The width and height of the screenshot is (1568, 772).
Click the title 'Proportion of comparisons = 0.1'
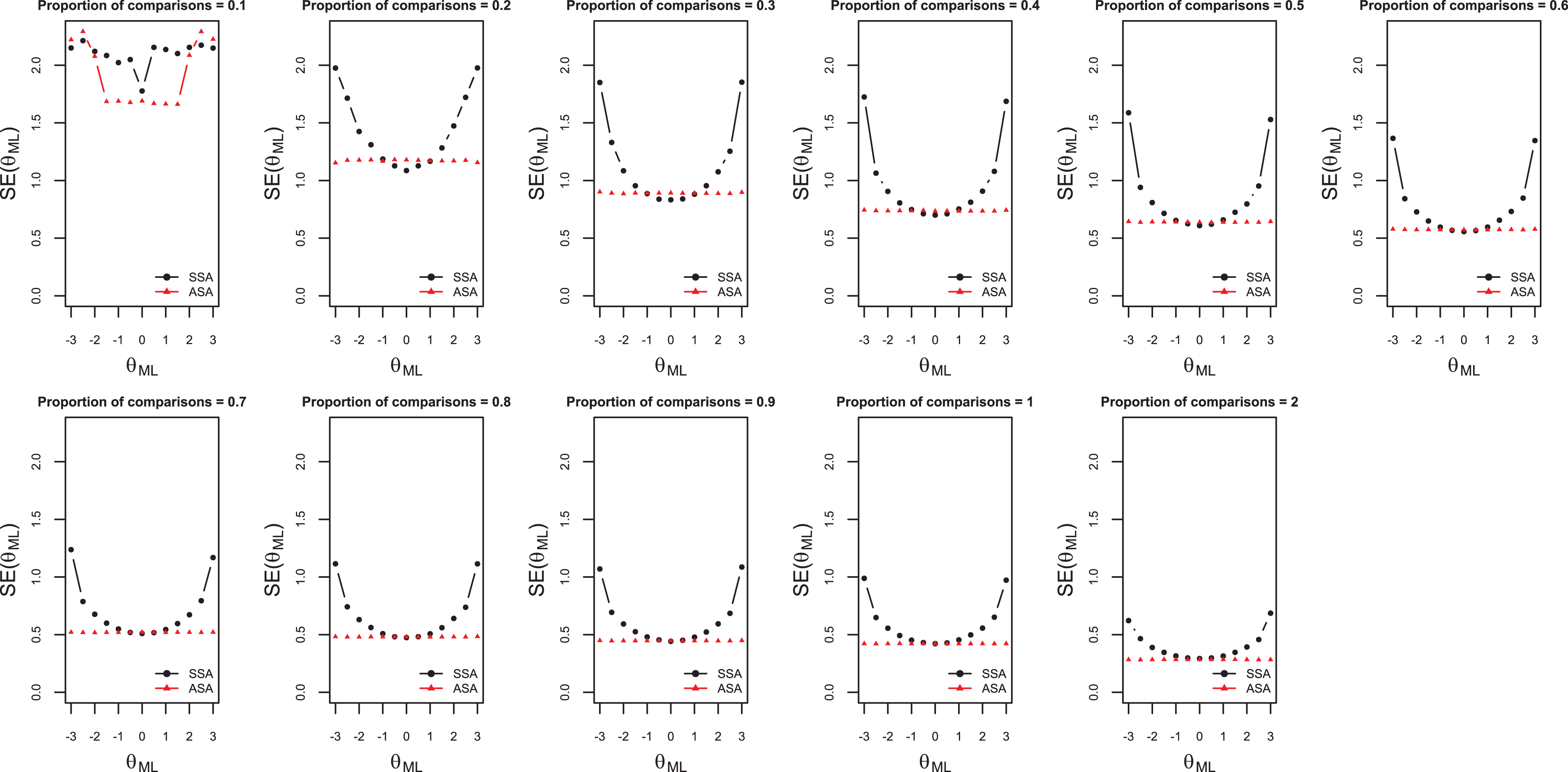(142, 6)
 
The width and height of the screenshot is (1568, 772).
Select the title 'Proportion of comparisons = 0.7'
(142, 402)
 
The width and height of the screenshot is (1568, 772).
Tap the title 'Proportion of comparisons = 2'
(1199, 402)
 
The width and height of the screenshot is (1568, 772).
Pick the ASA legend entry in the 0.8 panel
(448, 688)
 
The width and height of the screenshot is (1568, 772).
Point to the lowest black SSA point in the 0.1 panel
(142, 91)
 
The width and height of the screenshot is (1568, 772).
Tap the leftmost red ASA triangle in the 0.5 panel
(1129, 221)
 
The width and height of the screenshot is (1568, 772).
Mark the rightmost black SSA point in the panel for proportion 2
(1270, 613)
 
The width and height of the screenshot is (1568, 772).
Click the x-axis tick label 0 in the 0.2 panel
(406, 340)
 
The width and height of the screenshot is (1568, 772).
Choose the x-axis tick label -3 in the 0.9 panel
(599, 737)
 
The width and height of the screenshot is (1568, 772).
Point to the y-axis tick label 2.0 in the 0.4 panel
(829, 65)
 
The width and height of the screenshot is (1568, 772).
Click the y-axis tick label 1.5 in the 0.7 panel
(36, 519)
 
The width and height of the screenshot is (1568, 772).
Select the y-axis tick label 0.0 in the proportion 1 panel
(829, 692)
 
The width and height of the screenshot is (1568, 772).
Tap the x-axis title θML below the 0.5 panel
(1199, 367)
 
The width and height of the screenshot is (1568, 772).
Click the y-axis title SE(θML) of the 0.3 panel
(538, 163)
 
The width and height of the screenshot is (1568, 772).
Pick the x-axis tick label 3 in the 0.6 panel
(1535, 340)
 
